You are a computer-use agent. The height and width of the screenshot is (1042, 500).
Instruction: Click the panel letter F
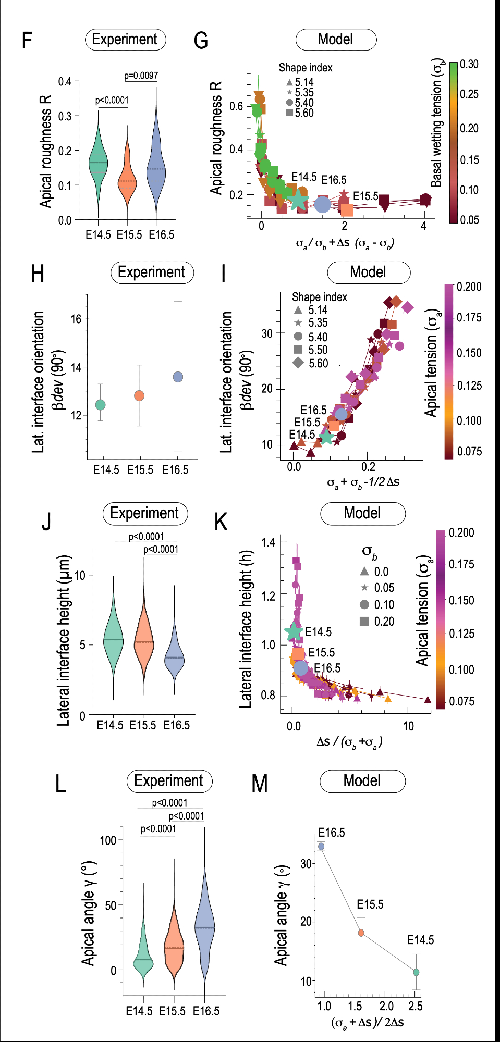pyautogui.click(x=27, y=40)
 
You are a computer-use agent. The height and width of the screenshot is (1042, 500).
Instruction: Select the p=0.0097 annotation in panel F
pyautogui.click(x=141, y=76)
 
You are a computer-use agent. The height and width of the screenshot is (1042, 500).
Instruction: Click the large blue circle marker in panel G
pyautogui.click(x=323, y=205)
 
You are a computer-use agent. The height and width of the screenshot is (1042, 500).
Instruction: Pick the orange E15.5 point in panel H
pyautogui.click(x=139, y=396)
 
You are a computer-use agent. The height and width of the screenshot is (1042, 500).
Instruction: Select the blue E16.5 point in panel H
pyautogui.click(x=178, y=377)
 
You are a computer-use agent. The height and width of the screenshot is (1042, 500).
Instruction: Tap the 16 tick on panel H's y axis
pyautogui.click(x=76, y=319)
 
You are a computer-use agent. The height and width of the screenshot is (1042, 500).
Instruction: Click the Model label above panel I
pyautogui.click(x=368, y=272)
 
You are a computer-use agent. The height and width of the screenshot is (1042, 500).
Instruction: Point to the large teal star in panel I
pyautogui.click(x=326, y=438)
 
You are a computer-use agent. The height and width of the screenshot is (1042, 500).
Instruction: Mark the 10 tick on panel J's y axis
pyautogui.click(x=80, y=575)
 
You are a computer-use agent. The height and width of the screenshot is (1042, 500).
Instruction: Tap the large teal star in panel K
pyautogui.click(x=294, y=631)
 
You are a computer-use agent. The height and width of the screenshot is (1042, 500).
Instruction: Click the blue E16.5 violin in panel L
pyautogui.click(x=204, y=927)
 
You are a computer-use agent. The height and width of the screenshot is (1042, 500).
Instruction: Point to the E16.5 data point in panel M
pyautogui.click(x=321, y=847)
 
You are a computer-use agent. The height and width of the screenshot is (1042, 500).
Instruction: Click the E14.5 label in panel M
pyautogui.click(x=420, y=940)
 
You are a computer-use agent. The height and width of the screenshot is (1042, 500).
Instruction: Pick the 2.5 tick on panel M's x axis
pyautogui.click(x=415, y=1006)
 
